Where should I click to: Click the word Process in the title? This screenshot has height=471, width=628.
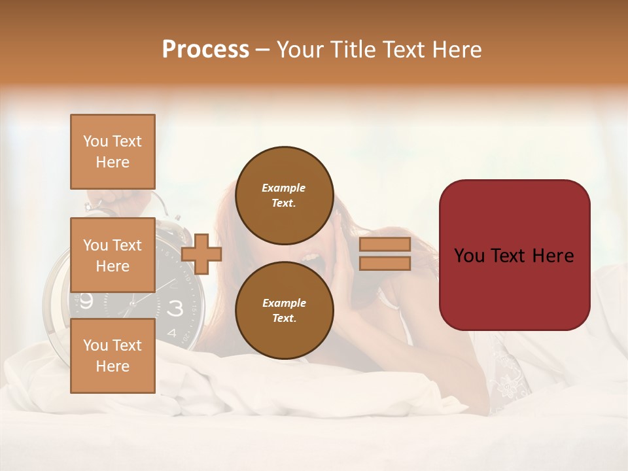pyautogui.click(x=205, y=50)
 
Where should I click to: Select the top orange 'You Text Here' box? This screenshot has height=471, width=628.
pyautogui.click(x=113, y=152)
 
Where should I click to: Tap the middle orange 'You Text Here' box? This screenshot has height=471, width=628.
pyautogui.click(x=113, y=255)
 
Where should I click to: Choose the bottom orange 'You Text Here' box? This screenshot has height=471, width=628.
pyautogui.click(x=113, y=356)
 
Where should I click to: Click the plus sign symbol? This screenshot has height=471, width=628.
pyautogui.click(x=201, y=253)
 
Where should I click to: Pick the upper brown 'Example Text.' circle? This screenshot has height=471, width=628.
pyautogui.click(x=284, y=195)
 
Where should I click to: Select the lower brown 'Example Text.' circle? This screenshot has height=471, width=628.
pyautogui.click(x=284, y=310)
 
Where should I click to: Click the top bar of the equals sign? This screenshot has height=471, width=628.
pyautogui.click(x=385, y=244)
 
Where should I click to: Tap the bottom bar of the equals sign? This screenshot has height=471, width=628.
pyautogui.click(x=385, y=263)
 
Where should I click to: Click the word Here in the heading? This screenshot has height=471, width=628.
pyautogui.click(x=454, y=50)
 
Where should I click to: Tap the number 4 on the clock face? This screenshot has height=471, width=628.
pyautogui.click(x=171, y=332)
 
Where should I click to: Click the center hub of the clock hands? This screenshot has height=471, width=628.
pyautogui.click(x=133, y=303)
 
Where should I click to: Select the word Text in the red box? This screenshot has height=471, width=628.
pyautogui.click(x=515, y=256)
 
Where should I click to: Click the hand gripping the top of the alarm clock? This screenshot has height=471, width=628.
pyautogui.click(x=118, y=196)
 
